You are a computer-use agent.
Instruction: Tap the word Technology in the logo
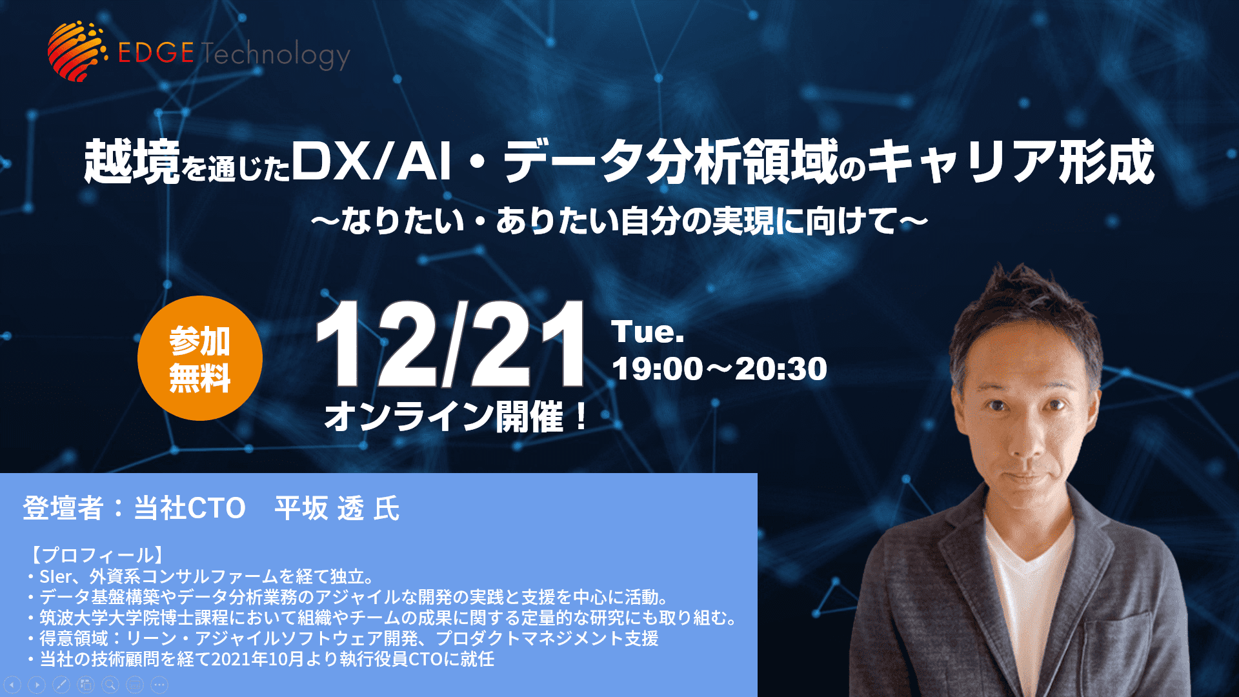point(276,54)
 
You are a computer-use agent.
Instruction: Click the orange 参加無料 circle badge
point(200,358)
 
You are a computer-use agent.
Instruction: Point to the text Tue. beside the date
point(648,332)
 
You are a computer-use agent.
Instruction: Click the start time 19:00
point(658,369)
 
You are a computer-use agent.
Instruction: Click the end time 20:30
point(781,369)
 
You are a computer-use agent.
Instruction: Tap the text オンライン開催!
point(457,416)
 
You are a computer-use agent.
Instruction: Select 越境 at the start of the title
point(132,161)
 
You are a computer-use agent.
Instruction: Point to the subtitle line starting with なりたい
point(619,221)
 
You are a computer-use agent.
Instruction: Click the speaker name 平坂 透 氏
point(337,509)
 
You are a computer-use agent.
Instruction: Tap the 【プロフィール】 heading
point(96,555)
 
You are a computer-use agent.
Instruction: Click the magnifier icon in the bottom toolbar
point(110,685)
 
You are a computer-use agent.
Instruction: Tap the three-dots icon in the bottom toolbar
point(159,685)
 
